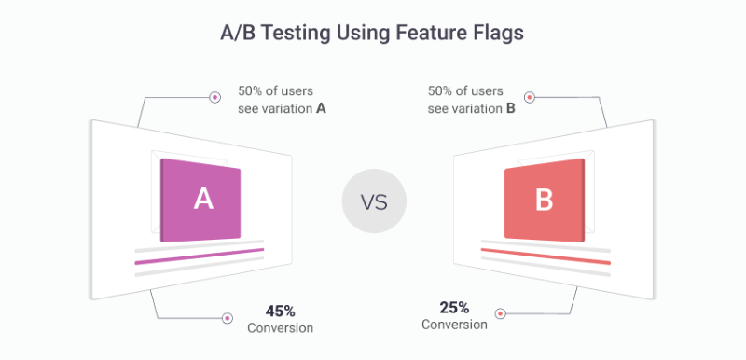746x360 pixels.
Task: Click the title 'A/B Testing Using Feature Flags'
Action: coord(372,32)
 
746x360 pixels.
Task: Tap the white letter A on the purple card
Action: coord(202,198)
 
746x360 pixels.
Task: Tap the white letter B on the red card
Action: coord(543,200)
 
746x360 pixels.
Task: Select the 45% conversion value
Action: coord(280,311)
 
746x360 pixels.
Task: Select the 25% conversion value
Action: coord(454,307)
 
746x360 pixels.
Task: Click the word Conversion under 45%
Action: coord(280,328)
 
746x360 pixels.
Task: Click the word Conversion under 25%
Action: coord(454,325)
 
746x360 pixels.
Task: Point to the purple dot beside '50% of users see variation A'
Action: coord(214,97)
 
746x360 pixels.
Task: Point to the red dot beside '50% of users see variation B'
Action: coord(529,97)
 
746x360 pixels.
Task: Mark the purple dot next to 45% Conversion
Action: coord(227,318)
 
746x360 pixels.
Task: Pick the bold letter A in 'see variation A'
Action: coord(321,108)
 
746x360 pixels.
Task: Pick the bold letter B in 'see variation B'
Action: coord(510,108)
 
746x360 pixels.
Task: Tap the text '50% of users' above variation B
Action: coord(465,90)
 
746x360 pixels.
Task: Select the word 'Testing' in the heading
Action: coord(296,32)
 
